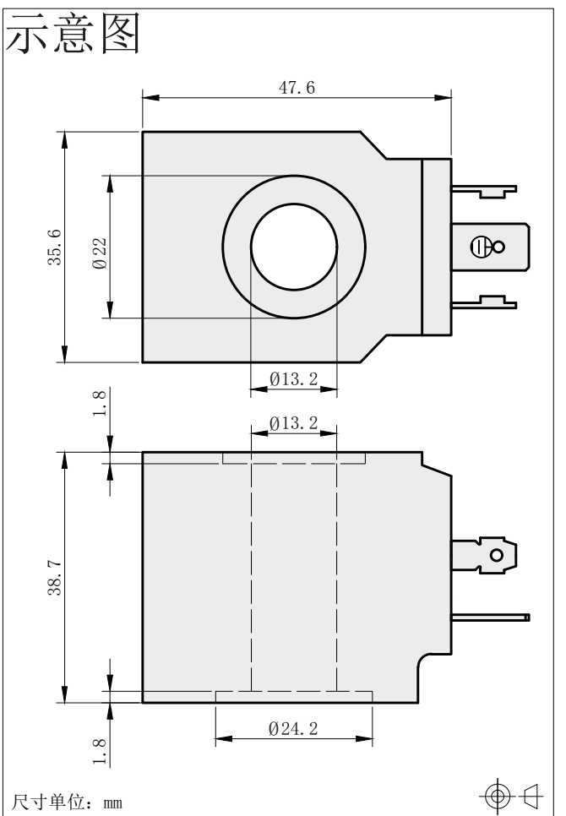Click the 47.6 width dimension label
tap(297, 88)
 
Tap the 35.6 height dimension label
tap(55, 248)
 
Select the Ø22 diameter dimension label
tap(100, 253)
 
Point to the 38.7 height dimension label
tap(55, 578)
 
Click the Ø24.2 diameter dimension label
tap(293, 728)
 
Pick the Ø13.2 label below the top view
tap(293, 378)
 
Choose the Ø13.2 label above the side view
tap(293, 422)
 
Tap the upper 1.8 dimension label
tap(100, 403)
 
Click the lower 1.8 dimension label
tap(100, 752)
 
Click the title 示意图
tap(73, 34)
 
